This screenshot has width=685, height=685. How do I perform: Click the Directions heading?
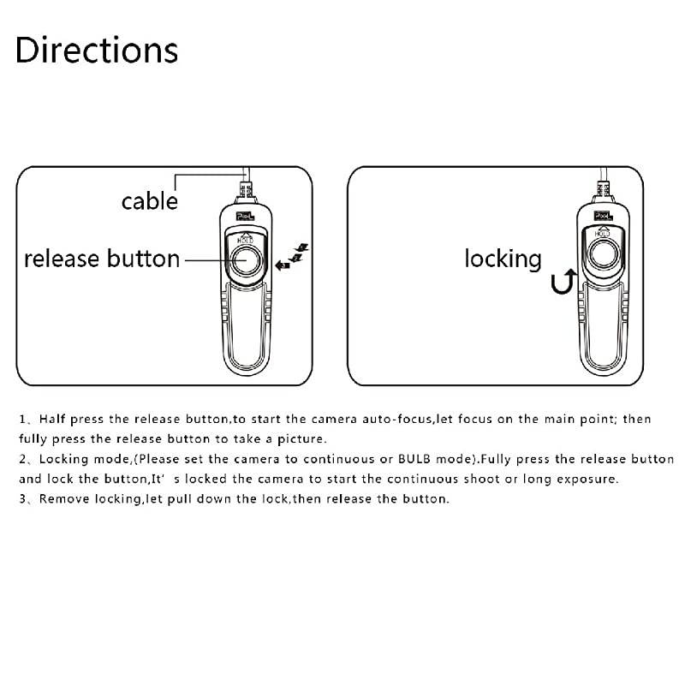(x=97, y=51)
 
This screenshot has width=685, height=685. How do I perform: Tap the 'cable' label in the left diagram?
(x=149, y=201)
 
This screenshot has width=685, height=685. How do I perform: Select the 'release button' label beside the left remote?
(x=102, y=259)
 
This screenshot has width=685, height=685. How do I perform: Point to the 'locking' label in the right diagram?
(x=503, y=259)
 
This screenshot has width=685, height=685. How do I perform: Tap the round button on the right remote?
(x=604, y=254)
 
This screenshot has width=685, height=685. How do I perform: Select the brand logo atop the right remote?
(x=603, y=211)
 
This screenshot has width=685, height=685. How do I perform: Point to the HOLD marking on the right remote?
(x=604, y=232)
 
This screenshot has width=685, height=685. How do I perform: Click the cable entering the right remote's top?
(x=603, y=184)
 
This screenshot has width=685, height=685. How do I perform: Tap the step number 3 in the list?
(x=22, y=499)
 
